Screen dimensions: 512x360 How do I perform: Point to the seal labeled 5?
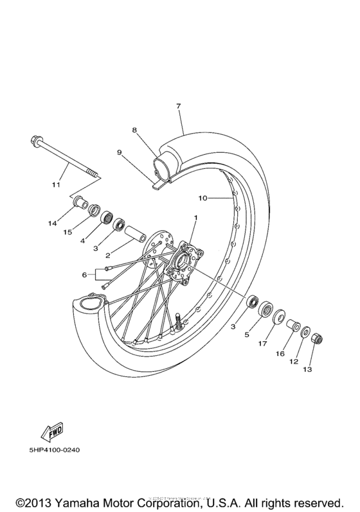(265, 310)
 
